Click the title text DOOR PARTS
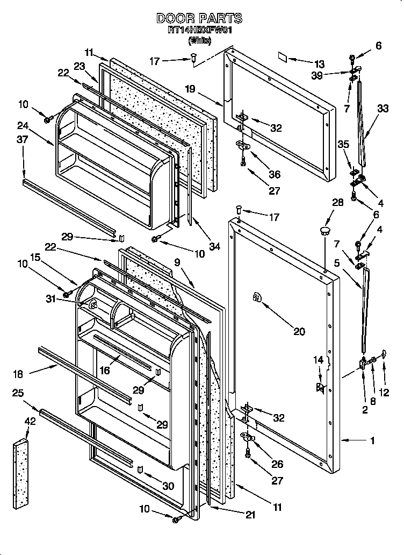(199, 18)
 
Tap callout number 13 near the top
(319, 63)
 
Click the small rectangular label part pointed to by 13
(283, 55)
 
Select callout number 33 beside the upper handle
(383, 108)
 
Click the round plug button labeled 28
(324, 231)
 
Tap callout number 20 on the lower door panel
(299, 331)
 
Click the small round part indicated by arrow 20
(257, 298)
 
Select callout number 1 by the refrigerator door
(372, 440)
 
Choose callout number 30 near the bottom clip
(168, 486)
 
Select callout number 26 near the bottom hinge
(277, 464)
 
